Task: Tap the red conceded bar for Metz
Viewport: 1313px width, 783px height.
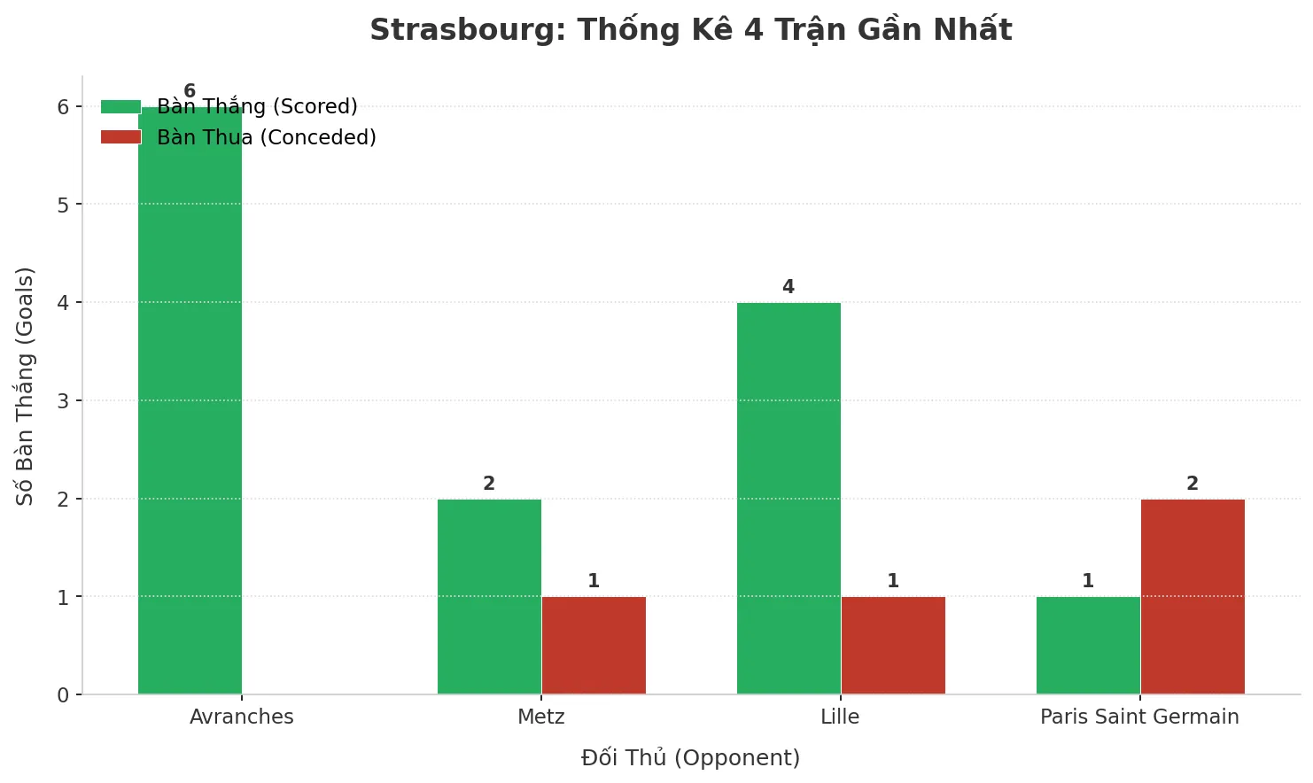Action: point(594,646)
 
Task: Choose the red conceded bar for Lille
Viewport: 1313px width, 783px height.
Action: point(893,646)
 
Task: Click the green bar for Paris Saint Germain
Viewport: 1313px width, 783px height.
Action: point(1088,646)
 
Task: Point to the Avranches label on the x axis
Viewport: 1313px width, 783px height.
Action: point(242,717)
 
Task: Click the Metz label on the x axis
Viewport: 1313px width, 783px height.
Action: point(541,717)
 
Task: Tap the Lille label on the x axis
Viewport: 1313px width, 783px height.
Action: point(840,717)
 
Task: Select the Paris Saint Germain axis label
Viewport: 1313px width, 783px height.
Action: point(1139,717)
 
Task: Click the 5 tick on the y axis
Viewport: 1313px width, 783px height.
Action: point(63,205)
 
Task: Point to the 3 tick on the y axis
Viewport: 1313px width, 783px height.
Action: point(63,401)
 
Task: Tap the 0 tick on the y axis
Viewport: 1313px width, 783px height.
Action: point(63,695)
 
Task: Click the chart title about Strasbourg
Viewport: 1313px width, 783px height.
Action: point(690,30)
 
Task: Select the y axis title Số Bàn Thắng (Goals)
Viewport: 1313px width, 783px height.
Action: point(25,385)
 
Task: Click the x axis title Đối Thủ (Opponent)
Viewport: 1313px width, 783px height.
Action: point(690,758)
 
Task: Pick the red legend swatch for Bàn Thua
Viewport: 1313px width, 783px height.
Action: point(120,137)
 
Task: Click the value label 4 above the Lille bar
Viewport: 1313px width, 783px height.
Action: point(789,287)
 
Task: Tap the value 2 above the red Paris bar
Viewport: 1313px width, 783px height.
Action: point(1193,484)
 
